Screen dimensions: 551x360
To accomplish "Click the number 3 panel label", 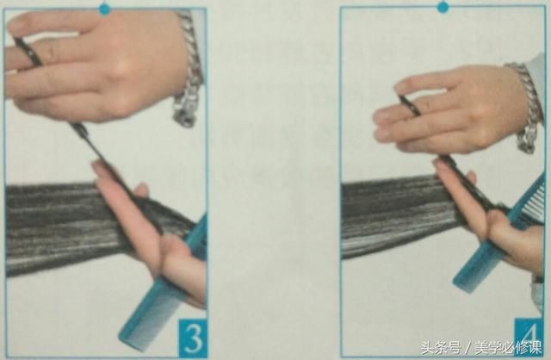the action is tap(193, 338).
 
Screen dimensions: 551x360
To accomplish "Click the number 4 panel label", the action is tap(529, 336).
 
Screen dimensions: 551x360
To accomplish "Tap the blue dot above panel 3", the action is tap(104, 9).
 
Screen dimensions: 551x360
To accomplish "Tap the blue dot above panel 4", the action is tap(443, 7).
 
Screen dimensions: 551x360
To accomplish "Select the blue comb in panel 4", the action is tap(499, 232).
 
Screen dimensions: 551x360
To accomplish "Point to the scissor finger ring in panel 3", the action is tap(28, 52).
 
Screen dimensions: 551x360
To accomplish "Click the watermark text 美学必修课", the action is tap(509, 348).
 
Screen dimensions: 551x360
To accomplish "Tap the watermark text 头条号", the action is tap(441, 348).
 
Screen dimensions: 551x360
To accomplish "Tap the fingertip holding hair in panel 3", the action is tap(99, 168).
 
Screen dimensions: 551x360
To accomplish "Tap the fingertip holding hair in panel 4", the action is tap(439, 164).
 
